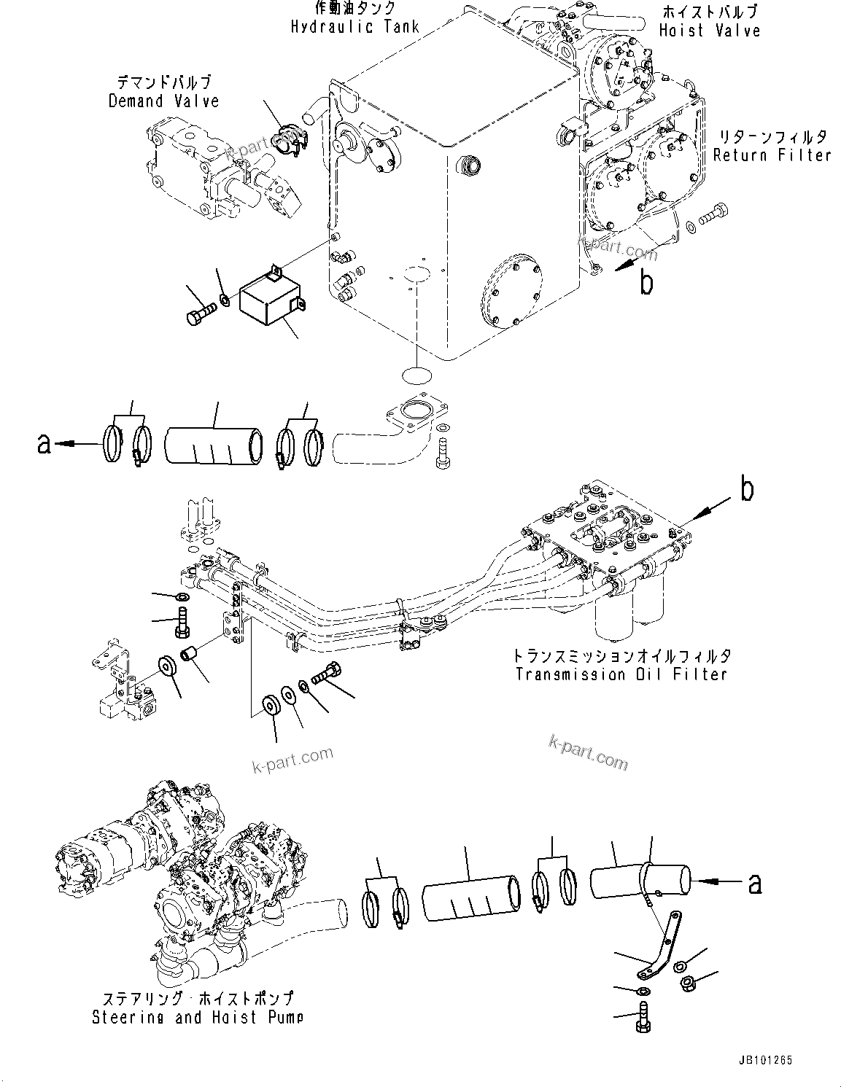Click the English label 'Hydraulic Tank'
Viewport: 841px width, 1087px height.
[355, 27]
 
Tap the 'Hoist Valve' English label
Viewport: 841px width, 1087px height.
[710, 31]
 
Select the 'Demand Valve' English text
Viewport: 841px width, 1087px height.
[163, 101]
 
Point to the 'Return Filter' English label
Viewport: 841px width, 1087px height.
[772, 155]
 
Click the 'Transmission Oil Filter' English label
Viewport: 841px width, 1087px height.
[621, 674]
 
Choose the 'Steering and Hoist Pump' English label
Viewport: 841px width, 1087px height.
[197, 1017]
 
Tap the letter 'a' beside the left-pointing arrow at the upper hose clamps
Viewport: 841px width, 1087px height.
[44, 443]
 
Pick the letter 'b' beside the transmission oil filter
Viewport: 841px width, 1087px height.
[747, 491]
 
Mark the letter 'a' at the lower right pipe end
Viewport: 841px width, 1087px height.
[754, 884]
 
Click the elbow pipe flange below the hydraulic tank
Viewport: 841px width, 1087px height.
[416, 412]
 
